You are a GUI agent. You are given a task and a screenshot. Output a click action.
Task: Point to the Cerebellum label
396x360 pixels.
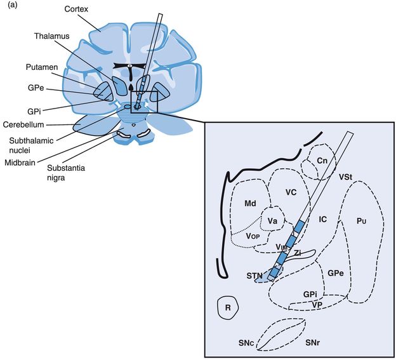[x=24, y=124]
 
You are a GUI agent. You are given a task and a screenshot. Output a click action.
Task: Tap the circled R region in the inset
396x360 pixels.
[x=227, y=307]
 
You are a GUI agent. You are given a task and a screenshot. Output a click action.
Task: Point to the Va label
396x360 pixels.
[x=273, y=220]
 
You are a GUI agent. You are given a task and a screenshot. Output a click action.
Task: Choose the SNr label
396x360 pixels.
[x=312, y=343]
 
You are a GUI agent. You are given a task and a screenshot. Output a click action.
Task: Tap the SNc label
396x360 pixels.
[x=247, y=343]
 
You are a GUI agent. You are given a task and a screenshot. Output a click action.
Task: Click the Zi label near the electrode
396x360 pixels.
[x=297, y=252]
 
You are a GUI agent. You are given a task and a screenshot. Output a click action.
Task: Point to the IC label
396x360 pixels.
[x=322, y=219]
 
